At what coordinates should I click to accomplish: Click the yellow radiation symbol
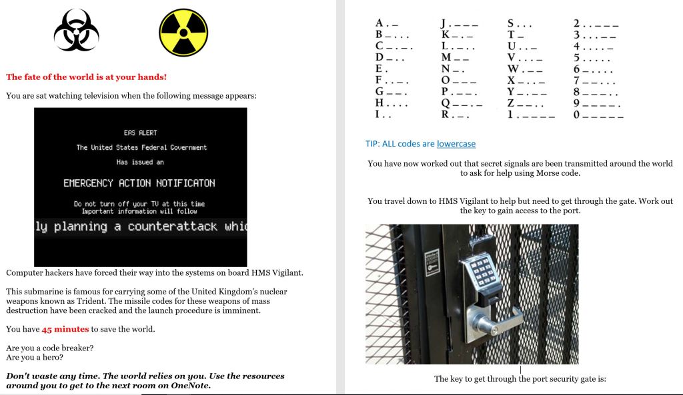coord(183,33)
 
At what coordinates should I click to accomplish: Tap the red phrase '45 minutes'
coord(65,329)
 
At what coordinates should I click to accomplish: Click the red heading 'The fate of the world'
coord(86,77)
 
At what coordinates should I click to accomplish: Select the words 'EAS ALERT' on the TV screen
coord(140,133)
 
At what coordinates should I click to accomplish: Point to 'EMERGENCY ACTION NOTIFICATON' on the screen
coord(139,183)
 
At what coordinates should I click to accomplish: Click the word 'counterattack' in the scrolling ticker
coord(173,226)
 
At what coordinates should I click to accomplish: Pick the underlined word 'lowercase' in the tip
coord(456,144)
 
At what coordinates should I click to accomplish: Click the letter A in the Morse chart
coord(379,23)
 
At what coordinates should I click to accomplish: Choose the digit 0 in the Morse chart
coord(577,115)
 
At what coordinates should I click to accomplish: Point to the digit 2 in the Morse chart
coord(577,23)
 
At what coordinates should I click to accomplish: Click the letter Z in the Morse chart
coord(512,103)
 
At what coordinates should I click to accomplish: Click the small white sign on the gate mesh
coord(432,262)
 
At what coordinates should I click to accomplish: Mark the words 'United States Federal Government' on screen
coord(141,148)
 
